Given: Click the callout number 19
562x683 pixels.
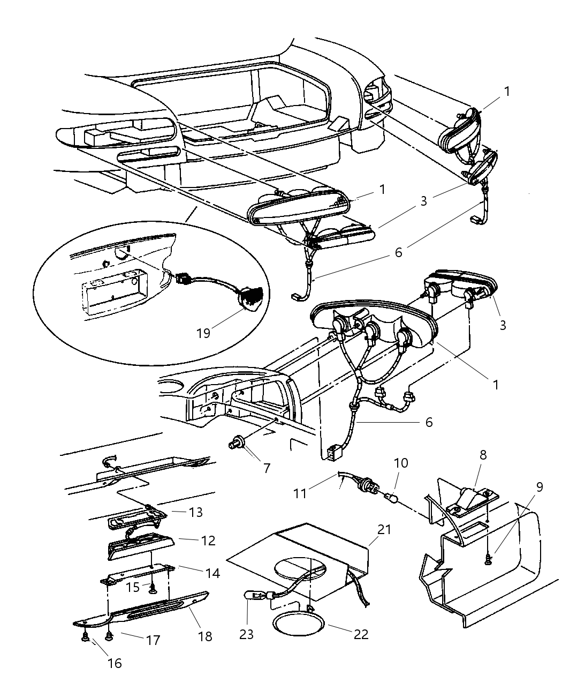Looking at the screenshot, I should click(203, 333).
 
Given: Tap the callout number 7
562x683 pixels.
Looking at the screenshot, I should click(266, 467).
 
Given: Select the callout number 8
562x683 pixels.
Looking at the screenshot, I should click(483, 456).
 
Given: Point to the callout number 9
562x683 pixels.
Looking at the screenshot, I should click(539, 487).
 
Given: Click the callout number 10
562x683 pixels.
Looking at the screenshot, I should click(401, 462).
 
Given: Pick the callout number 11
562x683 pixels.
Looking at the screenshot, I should click(300, 492).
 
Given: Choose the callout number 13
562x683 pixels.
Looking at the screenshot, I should click(196, 512).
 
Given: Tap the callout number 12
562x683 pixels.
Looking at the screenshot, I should click(208, 541).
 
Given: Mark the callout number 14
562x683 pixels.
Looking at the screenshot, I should click(212, 573).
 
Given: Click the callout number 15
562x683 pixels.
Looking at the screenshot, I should click(133, 587).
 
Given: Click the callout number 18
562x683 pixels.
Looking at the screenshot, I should click(205, 636).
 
